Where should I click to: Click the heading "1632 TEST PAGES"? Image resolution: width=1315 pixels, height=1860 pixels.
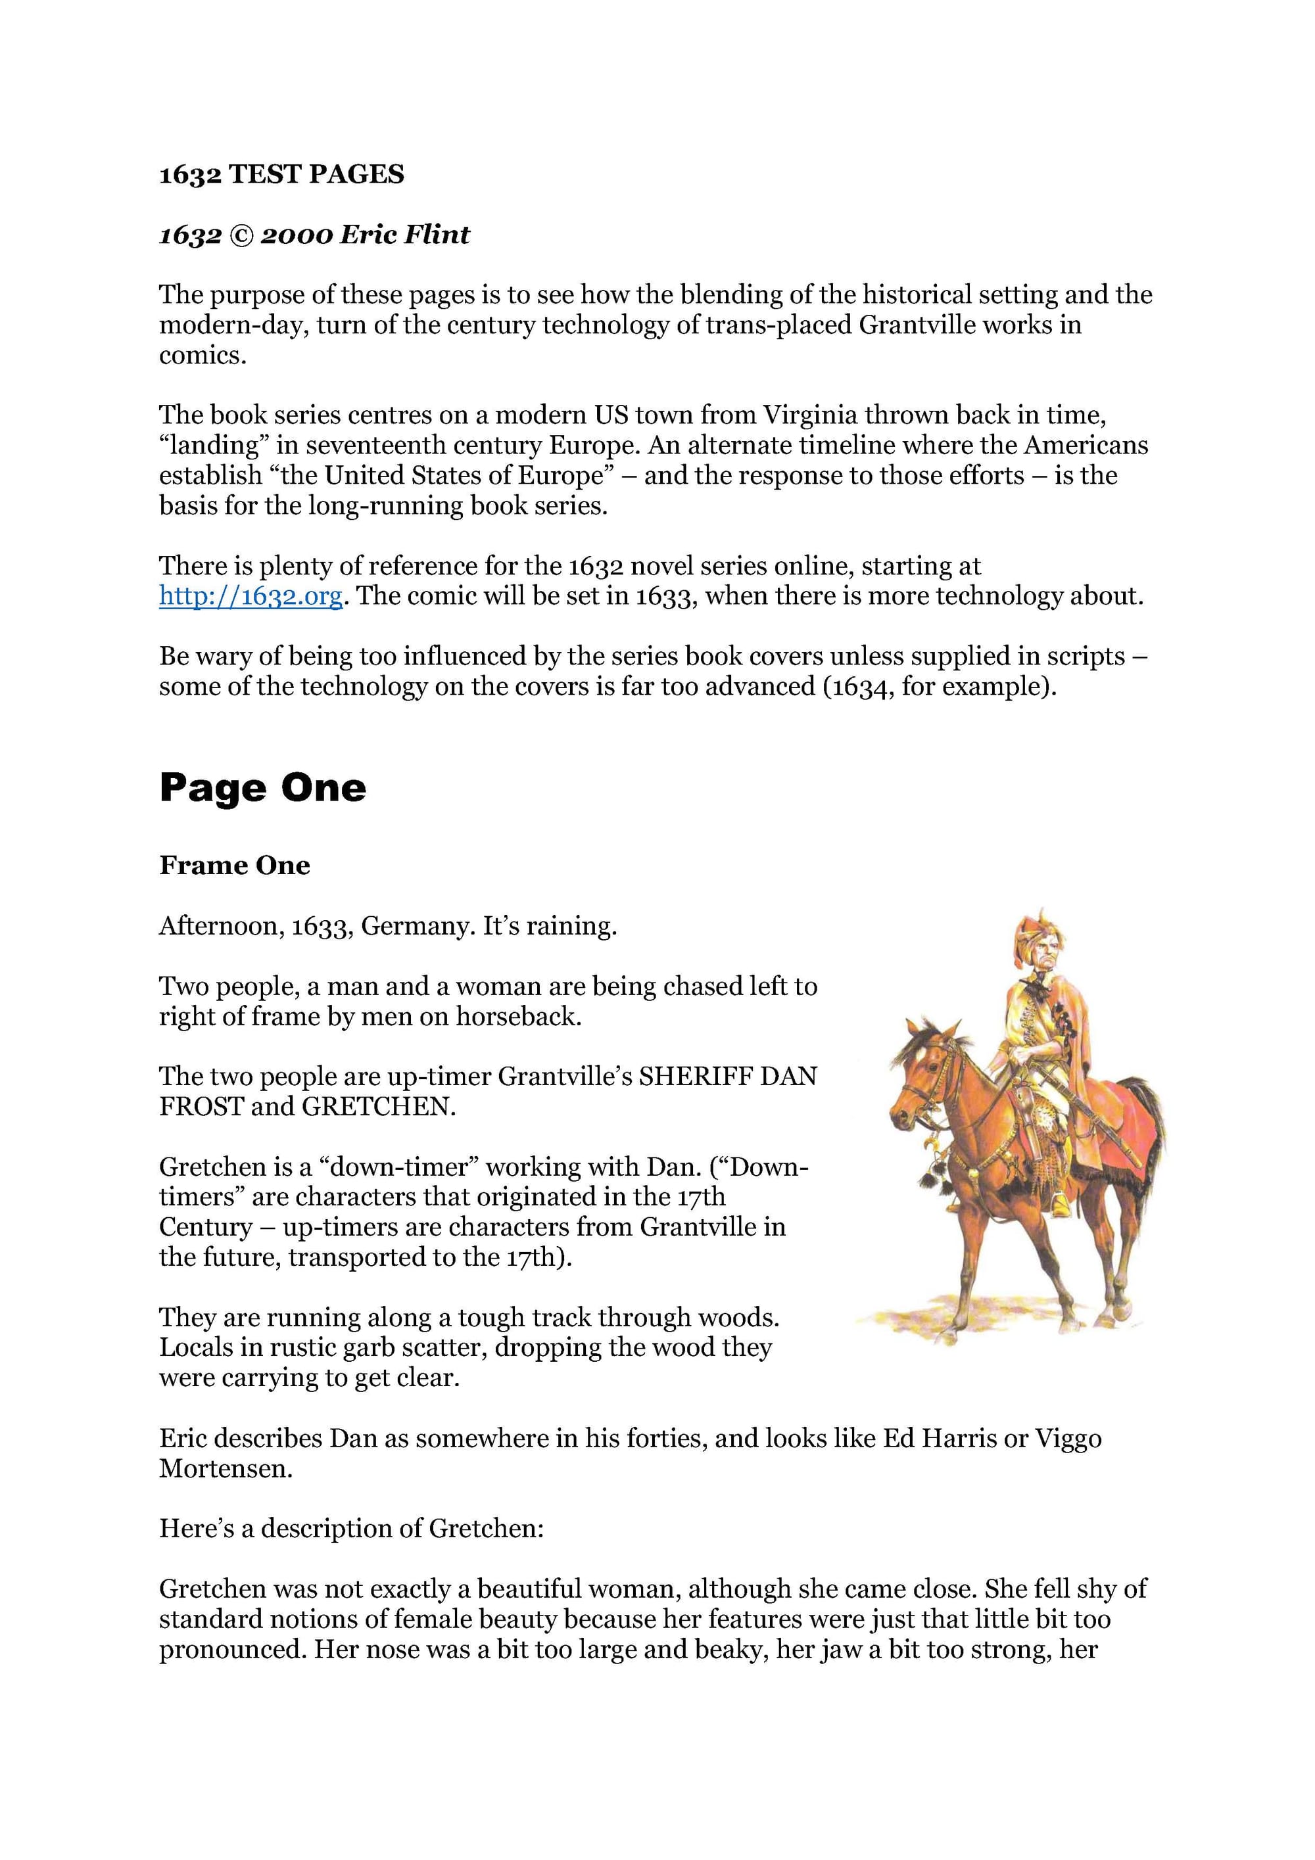[281, 174]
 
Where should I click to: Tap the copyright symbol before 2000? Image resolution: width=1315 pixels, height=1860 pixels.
[241, 235]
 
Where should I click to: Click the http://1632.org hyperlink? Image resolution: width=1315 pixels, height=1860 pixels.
[251, 595]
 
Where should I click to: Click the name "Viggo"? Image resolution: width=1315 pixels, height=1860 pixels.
[1064, 1438]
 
